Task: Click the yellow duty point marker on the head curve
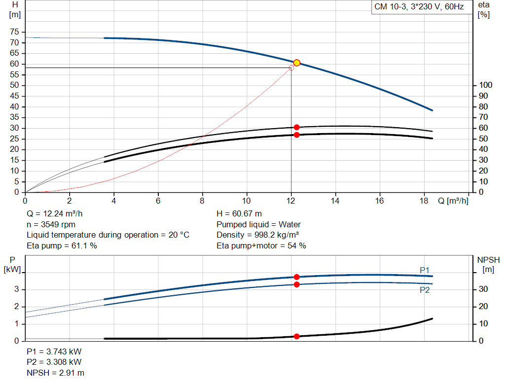(296, 63)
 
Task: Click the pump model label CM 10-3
(390, 7)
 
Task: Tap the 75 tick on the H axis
(14, 32)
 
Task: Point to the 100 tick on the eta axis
(486, 85)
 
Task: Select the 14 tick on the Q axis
(335, 201)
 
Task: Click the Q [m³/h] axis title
(453, 201)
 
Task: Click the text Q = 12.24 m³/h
(54, 214)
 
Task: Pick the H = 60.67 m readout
(239, 214)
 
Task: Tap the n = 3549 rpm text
(51, 224)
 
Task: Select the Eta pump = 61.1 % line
(62, 245)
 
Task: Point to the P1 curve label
(425, 270)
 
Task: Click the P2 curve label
(425, 290)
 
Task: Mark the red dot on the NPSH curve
(296, 336)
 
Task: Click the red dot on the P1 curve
(296, 277)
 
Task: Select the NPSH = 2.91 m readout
(55, 373)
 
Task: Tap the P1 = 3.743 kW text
(54, 351)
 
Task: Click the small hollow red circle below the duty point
(291, 68)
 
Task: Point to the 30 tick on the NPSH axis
(483, 289)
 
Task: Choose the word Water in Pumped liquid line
(289, 224)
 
